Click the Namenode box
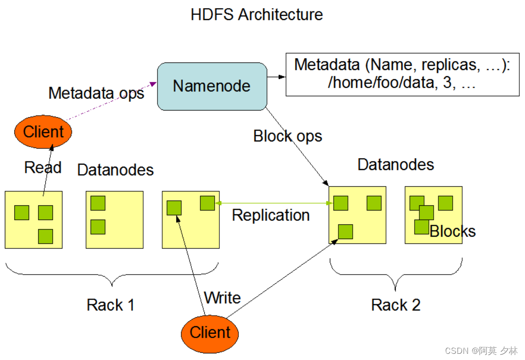click(x=212, y=86)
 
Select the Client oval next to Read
click(x=43, y=132)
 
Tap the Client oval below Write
click(x=210, y=332)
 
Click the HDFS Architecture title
click(x=257, y=14)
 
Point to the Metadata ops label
click(x=96, y=93)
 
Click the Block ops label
click(x=287, y=136)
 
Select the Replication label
click(x=271, y=215)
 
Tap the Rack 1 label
click(x=110, y=305)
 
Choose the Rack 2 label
click(x=396, y=305)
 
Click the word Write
click(x=222, y=298)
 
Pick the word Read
click(x=43, y=168)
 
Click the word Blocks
click(x=452, y=231)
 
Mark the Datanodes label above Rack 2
click(x=396, y=165)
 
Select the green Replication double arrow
click(x=274, y=203)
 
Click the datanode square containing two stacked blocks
click(x=114, y=220)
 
